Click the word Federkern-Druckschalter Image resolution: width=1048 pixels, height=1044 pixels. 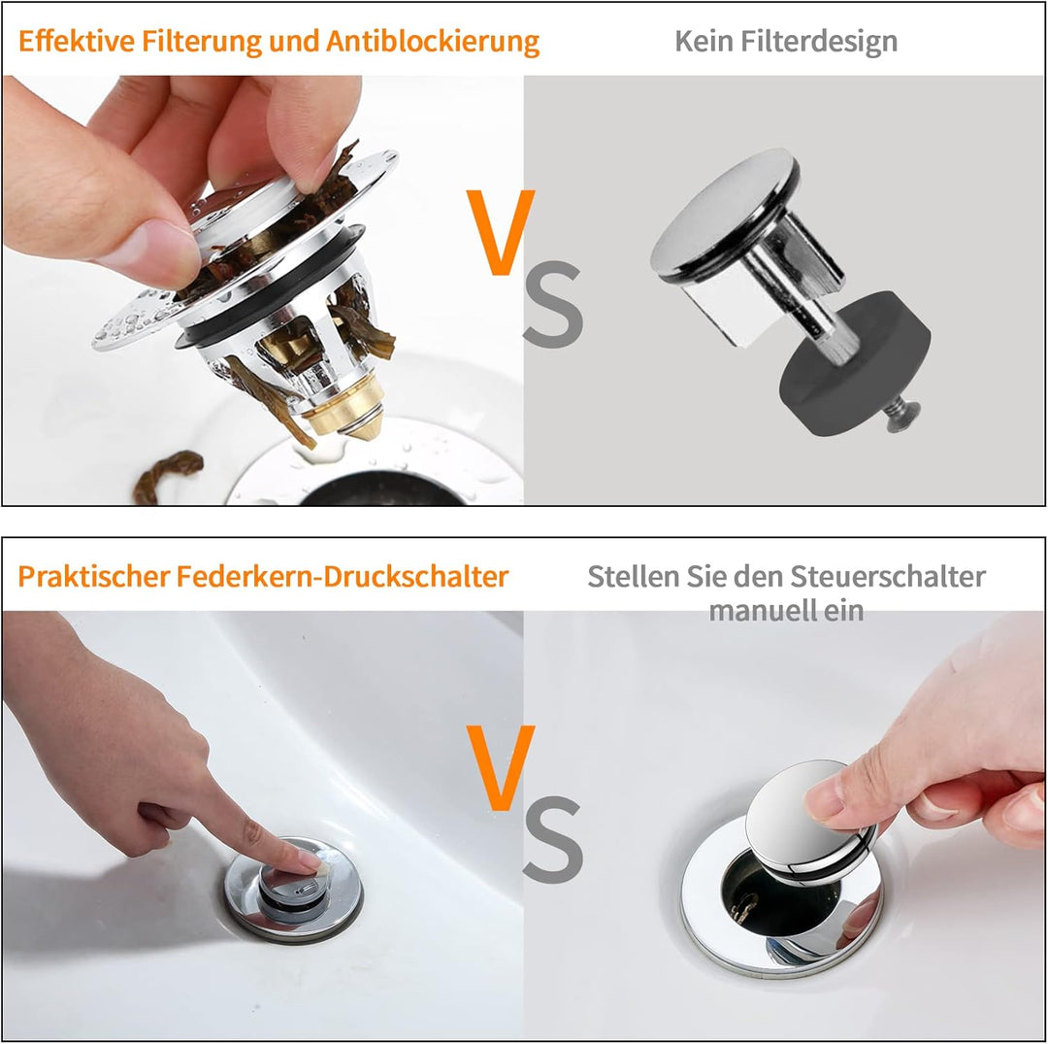click(x=343, y=576)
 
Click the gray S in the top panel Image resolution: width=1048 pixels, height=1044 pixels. click(x=553, y=306)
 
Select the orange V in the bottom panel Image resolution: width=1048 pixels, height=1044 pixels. click(x=500, y=767)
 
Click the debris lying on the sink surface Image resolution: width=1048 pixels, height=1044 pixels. click(x=167, y=475)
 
